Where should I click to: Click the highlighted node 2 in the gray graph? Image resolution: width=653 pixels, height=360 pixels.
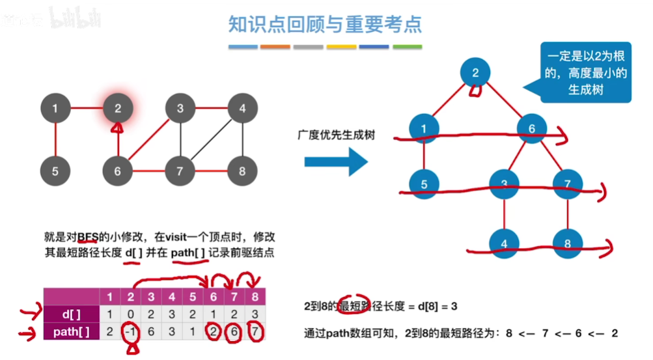coord(118,109)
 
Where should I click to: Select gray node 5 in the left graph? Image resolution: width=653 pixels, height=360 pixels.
coord(55,171)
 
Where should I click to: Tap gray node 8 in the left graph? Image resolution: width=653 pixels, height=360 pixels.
coord(242,171)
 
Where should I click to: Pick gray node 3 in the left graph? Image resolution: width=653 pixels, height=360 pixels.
coord(180,109)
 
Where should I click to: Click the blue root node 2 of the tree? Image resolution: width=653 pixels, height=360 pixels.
coord(475,72)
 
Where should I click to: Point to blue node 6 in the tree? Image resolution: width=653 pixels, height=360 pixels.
coord(532,129)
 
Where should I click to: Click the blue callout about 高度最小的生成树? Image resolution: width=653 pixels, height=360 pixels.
coord(587,74)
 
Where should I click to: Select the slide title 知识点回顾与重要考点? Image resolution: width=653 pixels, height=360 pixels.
coord(325,24)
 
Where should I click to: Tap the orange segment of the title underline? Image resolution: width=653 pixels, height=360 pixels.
coord(275,47)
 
